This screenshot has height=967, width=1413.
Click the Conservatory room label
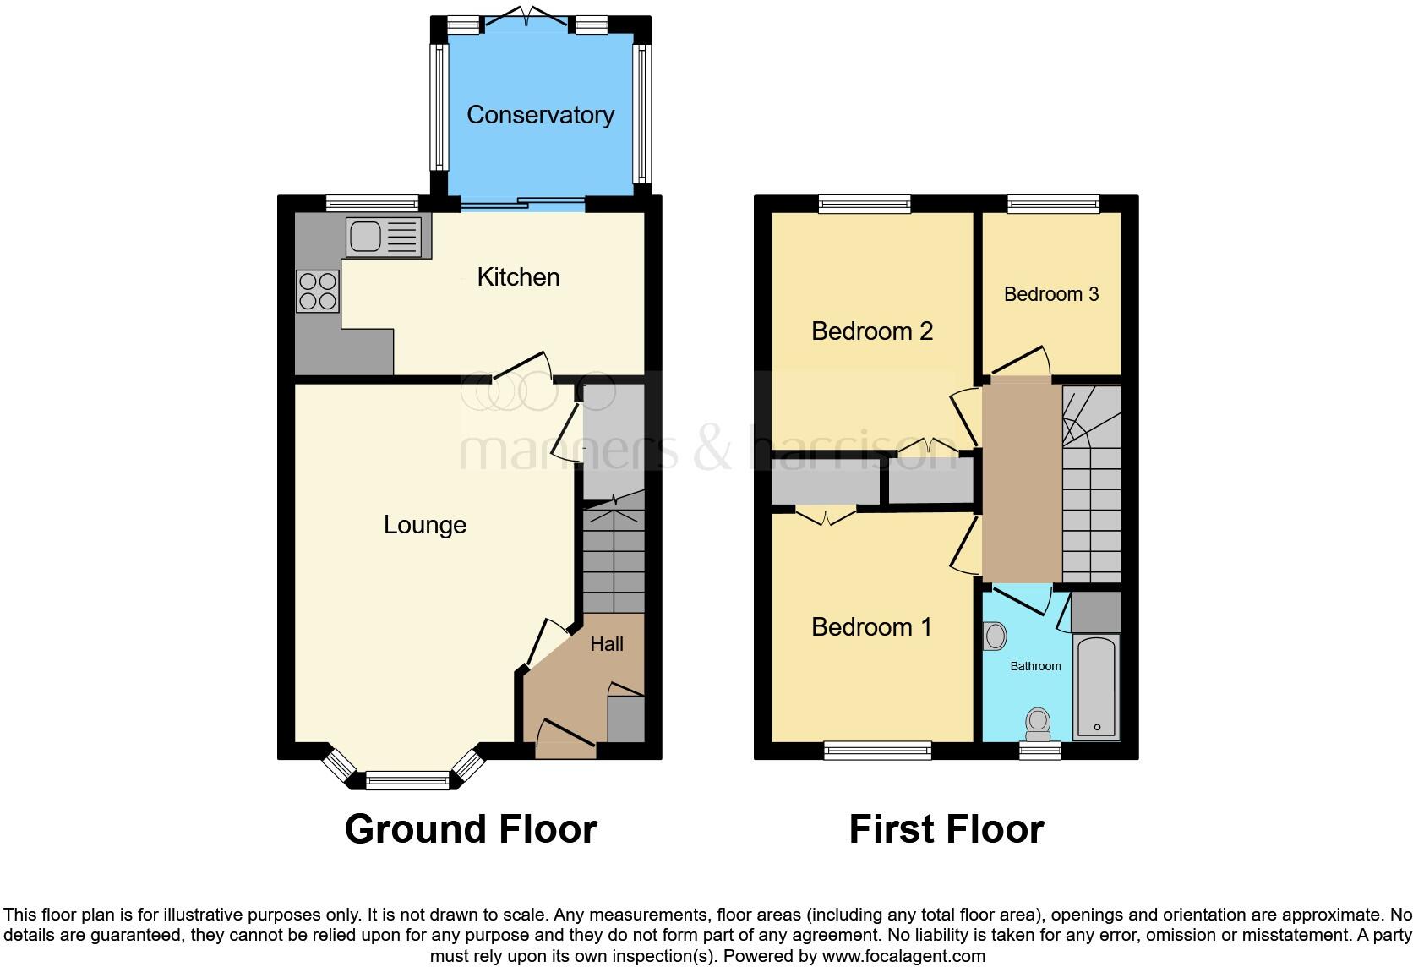pos(540,115)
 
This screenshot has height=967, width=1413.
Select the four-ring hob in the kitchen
pos(318,290)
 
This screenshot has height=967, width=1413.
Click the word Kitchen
pos(518,277)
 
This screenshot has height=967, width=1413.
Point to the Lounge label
pos(424,525)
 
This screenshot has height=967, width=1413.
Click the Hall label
pos(607,644)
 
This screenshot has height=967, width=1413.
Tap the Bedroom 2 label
pos(871,331)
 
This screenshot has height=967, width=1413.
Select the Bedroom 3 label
pos(1050,294)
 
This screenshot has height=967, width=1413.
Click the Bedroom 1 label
pos(871,626)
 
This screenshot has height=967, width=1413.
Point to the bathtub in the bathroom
pos(1097,687)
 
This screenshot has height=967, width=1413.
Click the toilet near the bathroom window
pos(1038,723)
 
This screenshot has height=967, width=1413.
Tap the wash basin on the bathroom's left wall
pos(995,636)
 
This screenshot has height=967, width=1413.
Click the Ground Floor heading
pos(471,829)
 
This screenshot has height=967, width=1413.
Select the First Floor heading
pos(946,829)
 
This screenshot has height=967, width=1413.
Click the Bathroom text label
pos(1035,666)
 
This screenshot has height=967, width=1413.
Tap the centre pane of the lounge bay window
pos(408,781)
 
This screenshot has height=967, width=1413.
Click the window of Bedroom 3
pos(1053,203)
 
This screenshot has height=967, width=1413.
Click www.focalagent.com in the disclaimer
pos(903,957)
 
